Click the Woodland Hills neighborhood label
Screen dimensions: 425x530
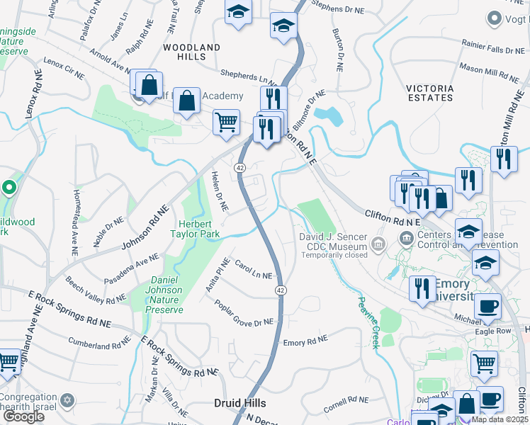pos(191,52)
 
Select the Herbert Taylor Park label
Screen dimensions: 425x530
pos(196,229)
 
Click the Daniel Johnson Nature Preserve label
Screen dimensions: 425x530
pos(164,295)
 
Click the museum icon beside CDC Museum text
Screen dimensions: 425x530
pos(378,245)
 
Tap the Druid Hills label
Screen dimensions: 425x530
pos(240,403)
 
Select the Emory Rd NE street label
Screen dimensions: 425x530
pos(305,341)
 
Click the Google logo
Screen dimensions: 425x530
pos(23,416)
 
